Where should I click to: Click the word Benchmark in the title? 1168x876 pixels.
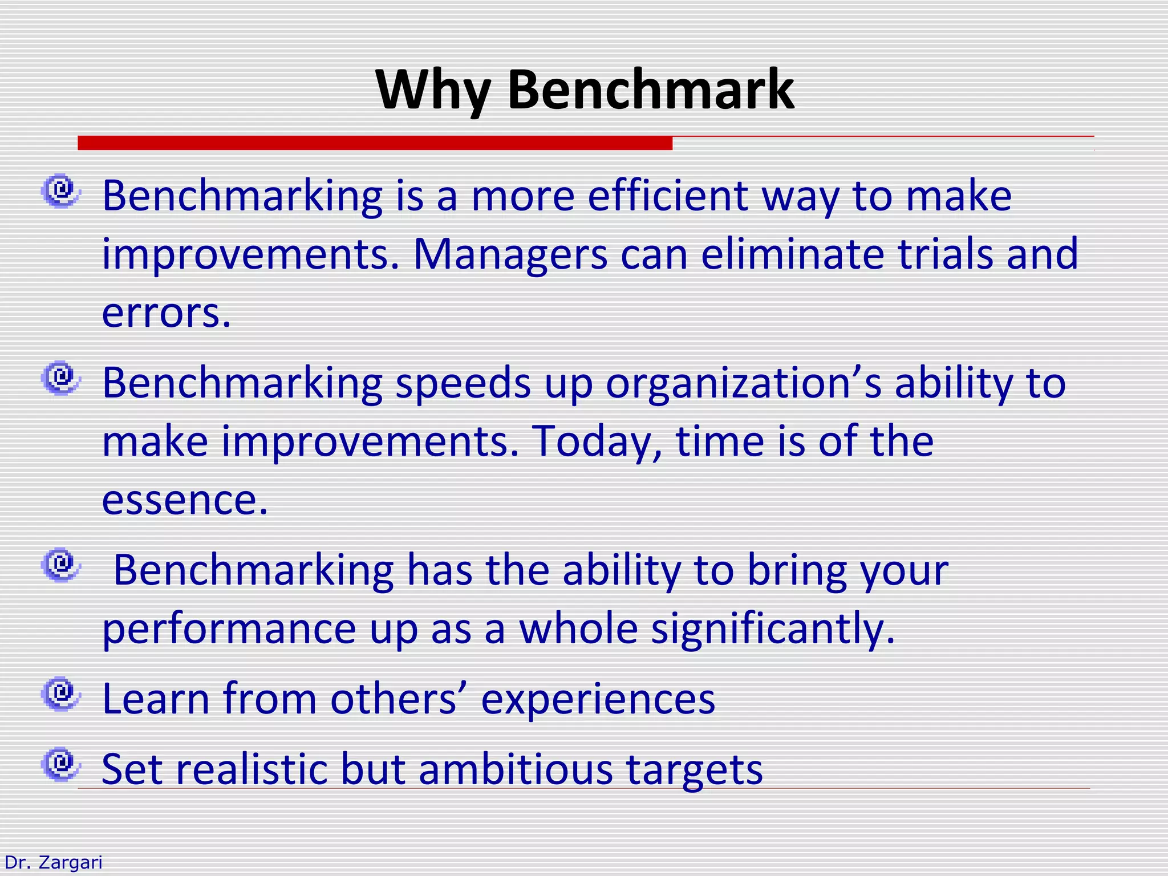(x=650, y=90)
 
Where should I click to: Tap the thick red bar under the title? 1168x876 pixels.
(x=375, y=143)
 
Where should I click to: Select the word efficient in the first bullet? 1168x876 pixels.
(x=667, y=196)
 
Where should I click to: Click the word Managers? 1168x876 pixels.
(x=510, y=254)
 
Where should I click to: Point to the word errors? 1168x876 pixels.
(x=166, y=313)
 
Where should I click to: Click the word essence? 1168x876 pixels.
(x=184, y=500)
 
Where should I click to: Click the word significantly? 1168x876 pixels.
(x=773, y=629)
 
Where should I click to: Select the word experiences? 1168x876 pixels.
(x=598, y=700)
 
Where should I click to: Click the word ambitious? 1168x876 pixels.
(x=516, y=769)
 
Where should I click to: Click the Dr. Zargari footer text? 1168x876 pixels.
(x=53, y=862)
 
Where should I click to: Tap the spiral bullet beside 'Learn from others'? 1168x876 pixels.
(x=60, y=694)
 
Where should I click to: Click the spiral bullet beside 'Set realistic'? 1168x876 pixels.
(x=60, y=764)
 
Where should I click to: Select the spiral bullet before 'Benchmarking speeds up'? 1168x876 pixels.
(x=60, y=378)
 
